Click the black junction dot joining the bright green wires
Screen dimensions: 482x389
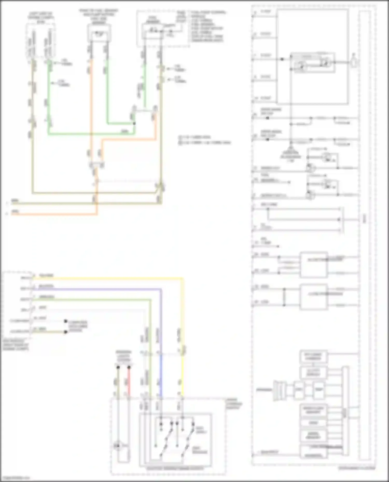134,124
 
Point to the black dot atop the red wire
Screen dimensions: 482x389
129,367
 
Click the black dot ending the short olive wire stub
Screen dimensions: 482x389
66,332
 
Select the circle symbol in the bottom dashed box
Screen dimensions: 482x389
118,446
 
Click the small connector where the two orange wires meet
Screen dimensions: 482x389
97,165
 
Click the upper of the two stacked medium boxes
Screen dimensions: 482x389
314,264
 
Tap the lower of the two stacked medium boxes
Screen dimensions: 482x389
314,297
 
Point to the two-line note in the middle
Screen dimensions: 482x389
205,140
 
